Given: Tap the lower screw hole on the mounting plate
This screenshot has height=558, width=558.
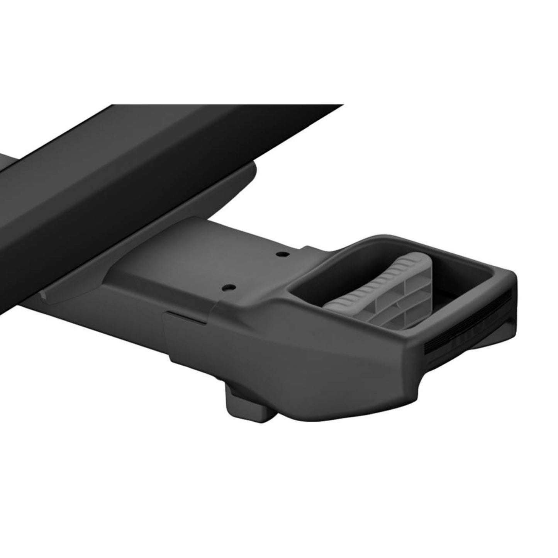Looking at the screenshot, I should point(229,287).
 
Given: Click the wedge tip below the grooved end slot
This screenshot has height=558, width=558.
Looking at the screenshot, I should point(502,348).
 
